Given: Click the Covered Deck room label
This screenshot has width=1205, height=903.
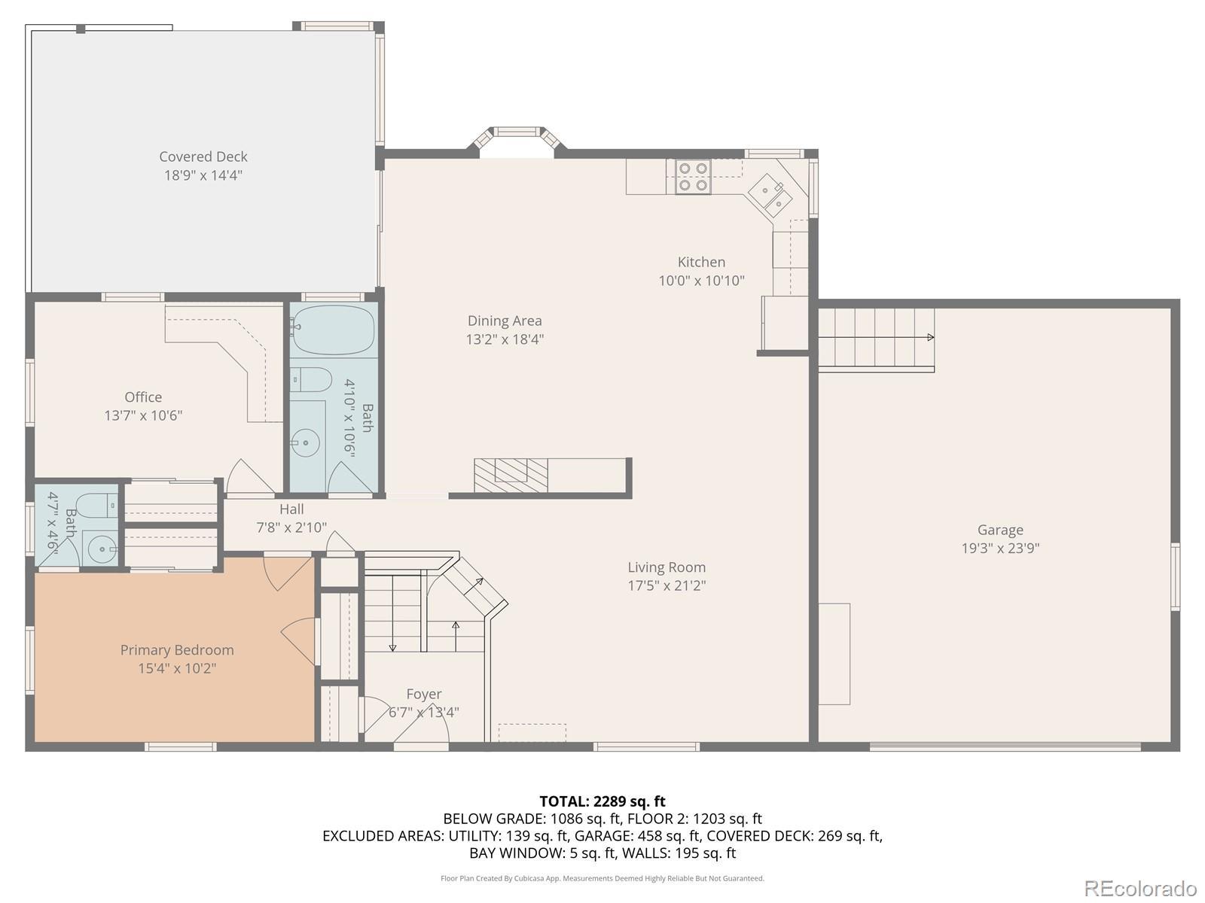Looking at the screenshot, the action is click(x=203, y=157).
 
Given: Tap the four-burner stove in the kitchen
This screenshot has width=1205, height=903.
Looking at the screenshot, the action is click(x=693, y=177).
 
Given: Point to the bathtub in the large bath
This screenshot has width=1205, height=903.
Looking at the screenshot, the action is click(x=333, y=330).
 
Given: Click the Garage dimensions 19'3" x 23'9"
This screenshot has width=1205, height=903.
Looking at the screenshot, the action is click(x=1000, y=549).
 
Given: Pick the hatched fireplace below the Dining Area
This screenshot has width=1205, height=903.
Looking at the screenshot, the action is click(x=511, y=475).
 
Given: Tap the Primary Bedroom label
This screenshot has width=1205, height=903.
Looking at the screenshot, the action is click(x=177, y=650).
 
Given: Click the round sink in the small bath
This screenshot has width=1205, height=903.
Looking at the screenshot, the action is click(x=100, y=547).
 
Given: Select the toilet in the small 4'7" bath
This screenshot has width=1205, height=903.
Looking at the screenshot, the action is click(x=97, y=505).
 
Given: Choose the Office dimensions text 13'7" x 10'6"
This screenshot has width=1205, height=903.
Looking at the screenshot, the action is click(x=143, y=415).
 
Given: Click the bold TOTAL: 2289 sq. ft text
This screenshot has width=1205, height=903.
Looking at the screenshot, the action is click(x=602, y=801).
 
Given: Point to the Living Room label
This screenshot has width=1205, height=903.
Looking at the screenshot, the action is click(x=667, y=567).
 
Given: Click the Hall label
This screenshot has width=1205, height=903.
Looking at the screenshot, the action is click(x=291, y=509).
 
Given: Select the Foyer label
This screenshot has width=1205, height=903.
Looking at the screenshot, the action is click(x=424, y=694).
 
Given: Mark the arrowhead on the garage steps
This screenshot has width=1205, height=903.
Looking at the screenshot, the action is click(x=931, y=337).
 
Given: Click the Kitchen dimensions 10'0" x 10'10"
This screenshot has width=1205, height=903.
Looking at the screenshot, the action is click(x=702, y=281).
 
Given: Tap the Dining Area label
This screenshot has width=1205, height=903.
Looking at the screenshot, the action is click(x=505, y=321).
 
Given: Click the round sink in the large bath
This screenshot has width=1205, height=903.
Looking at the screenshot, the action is click(x=305, y=443).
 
